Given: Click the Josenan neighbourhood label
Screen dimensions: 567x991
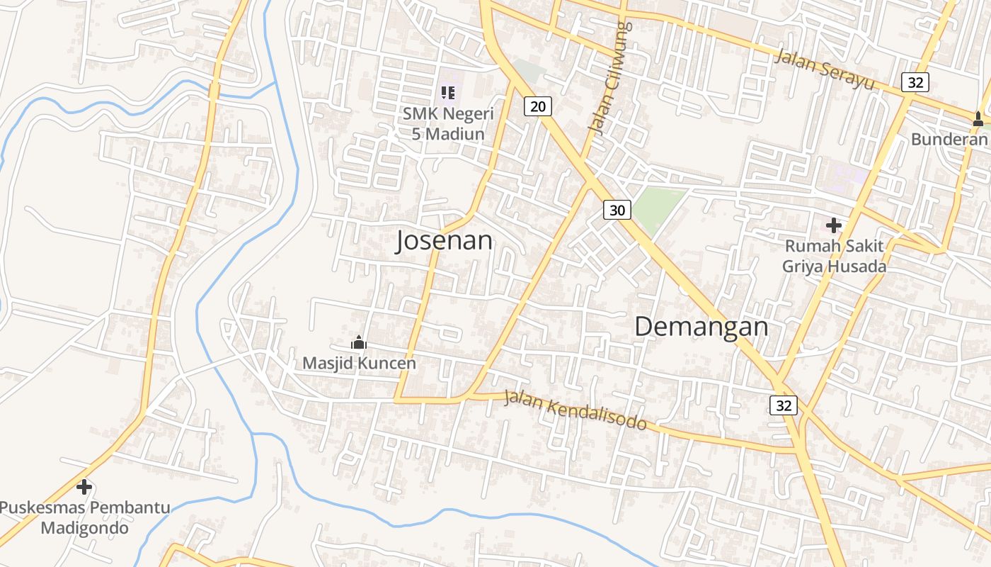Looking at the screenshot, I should point(444,241).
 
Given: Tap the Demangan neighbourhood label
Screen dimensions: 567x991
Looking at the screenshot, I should point(701,327).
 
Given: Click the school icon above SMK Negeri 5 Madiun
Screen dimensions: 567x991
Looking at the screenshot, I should point(447,92).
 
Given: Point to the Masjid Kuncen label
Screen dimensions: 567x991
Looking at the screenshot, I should point(359,363).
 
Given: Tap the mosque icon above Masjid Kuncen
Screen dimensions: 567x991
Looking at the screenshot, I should point(359,343).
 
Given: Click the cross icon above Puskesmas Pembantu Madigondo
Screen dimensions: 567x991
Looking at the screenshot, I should point(84,487).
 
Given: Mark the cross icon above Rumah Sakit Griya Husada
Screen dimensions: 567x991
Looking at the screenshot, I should point(834,225).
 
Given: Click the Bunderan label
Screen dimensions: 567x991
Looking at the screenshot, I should point(949,139).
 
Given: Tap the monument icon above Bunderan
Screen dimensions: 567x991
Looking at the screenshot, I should point(978,119).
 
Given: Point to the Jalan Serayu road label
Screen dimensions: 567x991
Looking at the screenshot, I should point(824,69).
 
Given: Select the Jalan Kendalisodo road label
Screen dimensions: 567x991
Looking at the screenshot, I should point(575,410).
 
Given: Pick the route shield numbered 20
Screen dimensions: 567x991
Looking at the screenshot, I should point(538,106).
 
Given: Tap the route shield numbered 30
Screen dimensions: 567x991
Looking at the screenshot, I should point(617,210).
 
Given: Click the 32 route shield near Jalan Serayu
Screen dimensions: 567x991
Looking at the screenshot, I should point(915,82).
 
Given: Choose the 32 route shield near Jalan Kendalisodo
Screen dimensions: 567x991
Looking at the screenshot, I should point(784,405).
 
